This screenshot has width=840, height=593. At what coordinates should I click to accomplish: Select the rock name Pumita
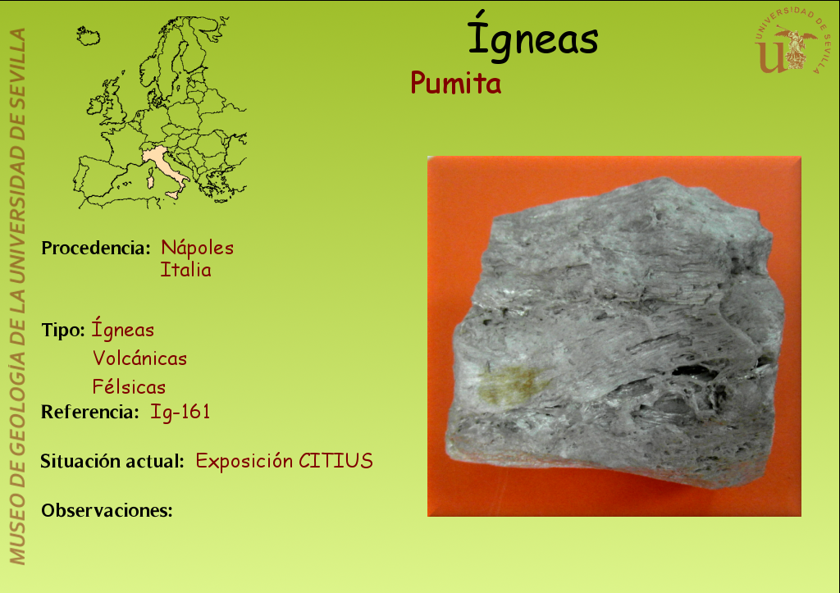456,84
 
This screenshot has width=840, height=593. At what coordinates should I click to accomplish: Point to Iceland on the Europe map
89,36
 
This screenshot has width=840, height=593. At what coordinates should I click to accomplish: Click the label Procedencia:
96,248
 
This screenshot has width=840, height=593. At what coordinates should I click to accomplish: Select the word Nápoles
197,248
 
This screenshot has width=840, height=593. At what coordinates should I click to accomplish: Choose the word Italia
185,270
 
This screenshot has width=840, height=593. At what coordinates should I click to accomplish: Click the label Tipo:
62,331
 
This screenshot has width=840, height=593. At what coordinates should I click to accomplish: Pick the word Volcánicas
139,358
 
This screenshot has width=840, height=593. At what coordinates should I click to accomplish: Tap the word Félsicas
129,387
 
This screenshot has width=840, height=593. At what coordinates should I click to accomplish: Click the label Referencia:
90,412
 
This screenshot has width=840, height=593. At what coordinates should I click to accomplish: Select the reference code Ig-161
180,412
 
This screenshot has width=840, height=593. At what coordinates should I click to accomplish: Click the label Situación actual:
112,461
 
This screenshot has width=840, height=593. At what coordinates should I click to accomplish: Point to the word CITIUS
336,461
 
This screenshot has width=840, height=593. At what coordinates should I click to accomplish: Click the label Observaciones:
107,510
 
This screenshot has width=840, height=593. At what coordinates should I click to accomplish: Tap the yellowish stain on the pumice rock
509,383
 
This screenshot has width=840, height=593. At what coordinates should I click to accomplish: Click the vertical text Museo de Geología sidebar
17,296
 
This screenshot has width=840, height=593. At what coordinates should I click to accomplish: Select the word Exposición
244,461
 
